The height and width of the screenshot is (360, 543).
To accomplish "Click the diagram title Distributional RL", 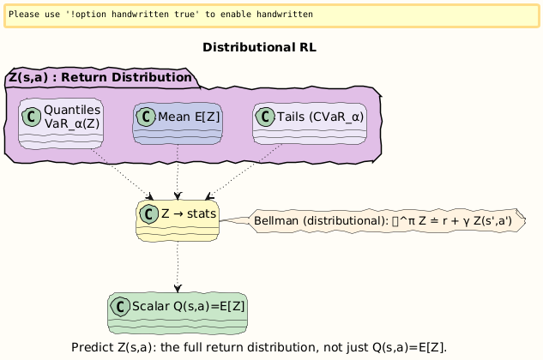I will point(260,47).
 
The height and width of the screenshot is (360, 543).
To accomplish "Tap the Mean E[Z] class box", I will point(178,123).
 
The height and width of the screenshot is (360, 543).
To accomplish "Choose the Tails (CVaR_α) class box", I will point(310,123).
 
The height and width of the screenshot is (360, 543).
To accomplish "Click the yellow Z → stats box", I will point(177,221).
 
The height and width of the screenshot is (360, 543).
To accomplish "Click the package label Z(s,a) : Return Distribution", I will point(100,78).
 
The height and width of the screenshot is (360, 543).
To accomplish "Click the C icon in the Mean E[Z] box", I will point(146,117).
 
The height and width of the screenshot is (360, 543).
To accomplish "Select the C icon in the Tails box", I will point(265,117).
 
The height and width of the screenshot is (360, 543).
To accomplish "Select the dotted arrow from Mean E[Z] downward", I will point(177,171).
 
